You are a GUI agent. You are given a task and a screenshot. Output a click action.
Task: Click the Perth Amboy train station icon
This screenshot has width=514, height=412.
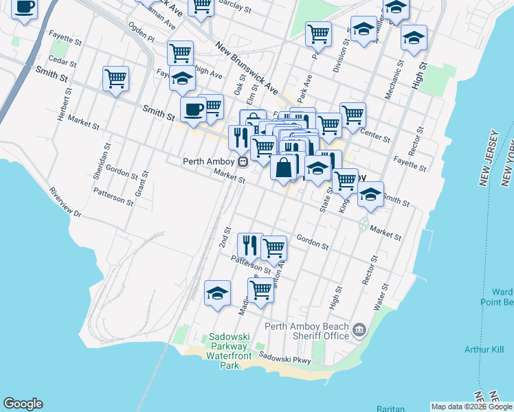(243, 162)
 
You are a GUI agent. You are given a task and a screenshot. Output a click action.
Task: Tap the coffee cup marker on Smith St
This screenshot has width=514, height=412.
(193, 110)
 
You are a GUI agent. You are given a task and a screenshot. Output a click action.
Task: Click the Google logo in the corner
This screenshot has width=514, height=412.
(23, 404)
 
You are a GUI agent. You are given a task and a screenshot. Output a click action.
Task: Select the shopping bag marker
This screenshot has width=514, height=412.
(283, 167)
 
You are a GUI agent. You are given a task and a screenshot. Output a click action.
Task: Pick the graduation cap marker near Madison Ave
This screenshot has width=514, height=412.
(217, 293)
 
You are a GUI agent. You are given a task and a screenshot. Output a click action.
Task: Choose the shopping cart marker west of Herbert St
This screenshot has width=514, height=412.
(115, 78)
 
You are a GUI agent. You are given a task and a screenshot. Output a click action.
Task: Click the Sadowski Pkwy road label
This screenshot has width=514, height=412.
(285, 358)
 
